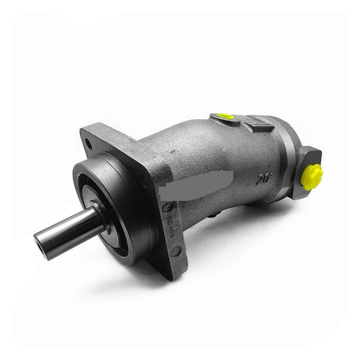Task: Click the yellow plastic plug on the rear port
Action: point(311,175)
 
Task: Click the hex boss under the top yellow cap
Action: point(223,121)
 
